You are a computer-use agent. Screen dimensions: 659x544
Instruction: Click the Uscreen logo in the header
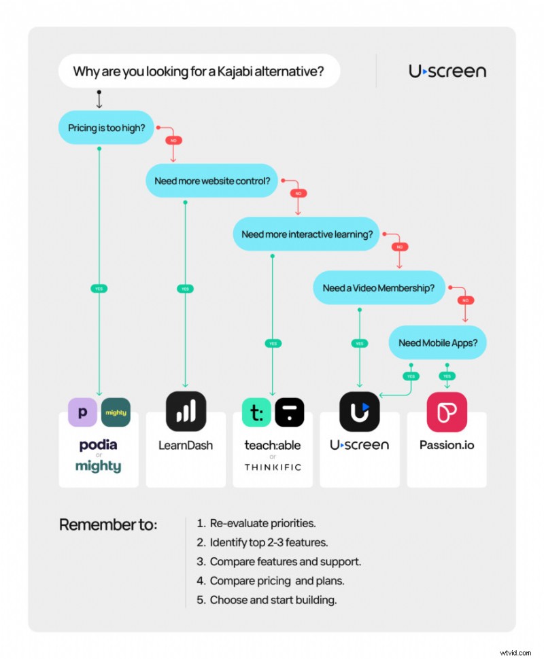click(447, 71)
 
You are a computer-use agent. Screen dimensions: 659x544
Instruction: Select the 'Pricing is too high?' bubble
click(107, 127)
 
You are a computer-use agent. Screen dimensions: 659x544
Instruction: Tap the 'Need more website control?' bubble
click(211, 181)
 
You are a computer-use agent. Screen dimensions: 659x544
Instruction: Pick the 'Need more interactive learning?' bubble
click(307, 234)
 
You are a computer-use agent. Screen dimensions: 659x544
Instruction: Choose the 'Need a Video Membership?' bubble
click(378, 288)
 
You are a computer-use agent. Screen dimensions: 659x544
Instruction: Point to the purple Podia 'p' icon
click(82, 412)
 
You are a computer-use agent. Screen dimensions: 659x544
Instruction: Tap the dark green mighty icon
click(115, 412)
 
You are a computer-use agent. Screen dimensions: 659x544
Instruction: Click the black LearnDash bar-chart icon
click(186, 412)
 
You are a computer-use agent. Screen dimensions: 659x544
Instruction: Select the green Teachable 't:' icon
click(256, 412)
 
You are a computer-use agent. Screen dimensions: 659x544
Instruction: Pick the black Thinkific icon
click(289, 412)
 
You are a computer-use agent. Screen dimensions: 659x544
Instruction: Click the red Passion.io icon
click(447, 412)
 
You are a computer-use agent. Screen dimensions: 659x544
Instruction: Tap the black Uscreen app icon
click(359, 412)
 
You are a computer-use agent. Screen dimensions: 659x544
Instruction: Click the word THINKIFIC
click(273, 467)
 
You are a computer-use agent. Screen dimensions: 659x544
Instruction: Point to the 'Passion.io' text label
click(447, 446)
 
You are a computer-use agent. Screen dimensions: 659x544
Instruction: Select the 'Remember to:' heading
click(108, 525)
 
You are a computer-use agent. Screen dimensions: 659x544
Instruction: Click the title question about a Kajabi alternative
click(198, 71)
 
